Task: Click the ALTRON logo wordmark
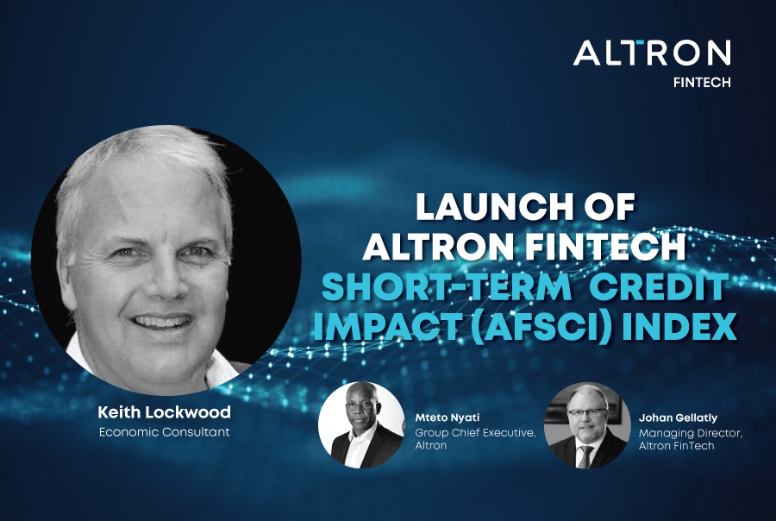[652, 53]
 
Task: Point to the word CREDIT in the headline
[654, 286]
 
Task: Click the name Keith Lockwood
[164, 413]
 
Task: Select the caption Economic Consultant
[164, 431]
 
